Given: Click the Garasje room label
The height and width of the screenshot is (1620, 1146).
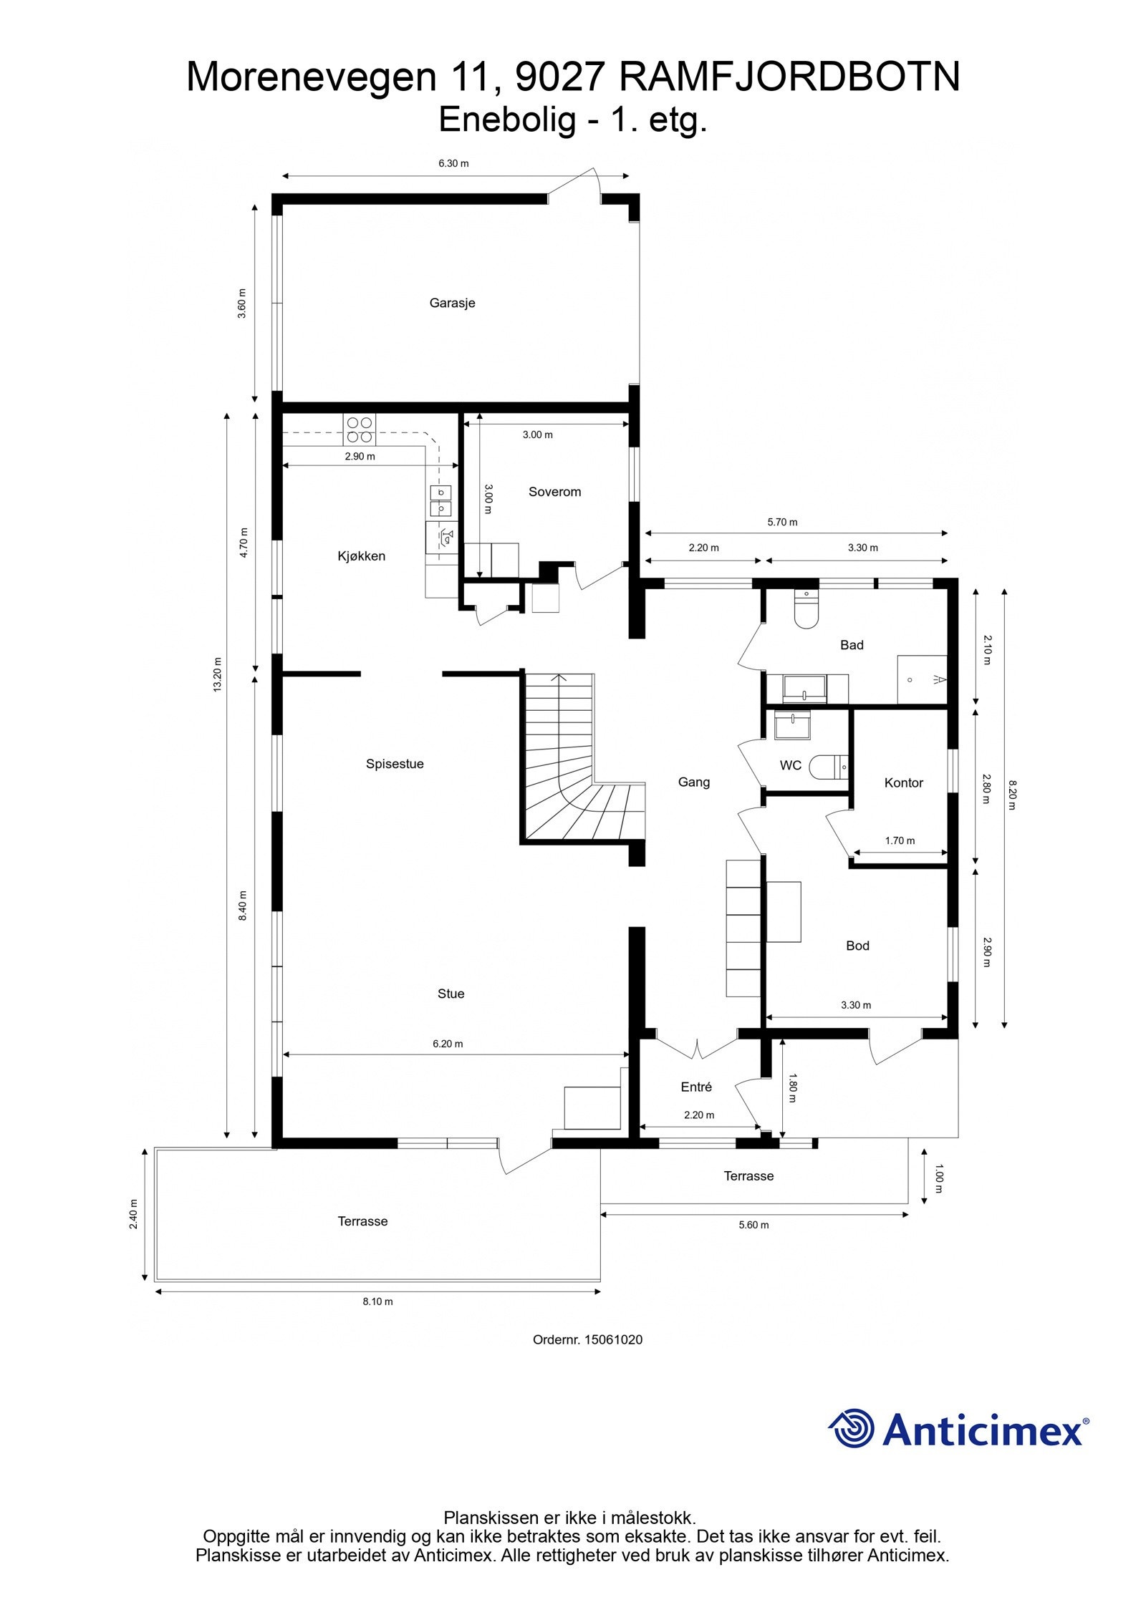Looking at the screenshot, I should point(452,303).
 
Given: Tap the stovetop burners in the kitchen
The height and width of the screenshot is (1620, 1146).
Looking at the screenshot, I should point(360,429).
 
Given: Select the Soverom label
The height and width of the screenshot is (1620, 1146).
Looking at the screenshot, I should point(554,492).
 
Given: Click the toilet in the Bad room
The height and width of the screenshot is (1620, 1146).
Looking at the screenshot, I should point(806,609).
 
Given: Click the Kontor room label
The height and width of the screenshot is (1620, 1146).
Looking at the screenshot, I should point(903,782).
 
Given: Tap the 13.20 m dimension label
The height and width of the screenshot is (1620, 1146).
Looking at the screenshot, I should point(218,673).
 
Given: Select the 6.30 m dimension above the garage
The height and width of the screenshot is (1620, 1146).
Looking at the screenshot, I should point(453,163).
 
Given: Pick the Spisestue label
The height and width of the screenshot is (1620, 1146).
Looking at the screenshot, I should point(395,764).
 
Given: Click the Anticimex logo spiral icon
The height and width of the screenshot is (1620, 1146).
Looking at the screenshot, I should point(852,1428).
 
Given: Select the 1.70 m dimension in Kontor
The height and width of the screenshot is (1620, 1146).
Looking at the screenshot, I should point(900,840).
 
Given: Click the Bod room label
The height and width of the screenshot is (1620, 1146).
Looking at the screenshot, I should point(857,946).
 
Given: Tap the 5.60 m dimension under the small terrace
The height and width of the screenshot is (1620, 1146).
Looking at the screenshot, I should point(753,1225).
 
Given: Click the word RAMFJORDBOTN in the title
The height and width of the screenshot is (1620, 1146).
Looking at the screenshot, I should point(789,77).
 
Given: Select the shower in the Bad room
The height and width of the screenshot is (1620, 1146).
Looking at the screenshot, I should point(923,679).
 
